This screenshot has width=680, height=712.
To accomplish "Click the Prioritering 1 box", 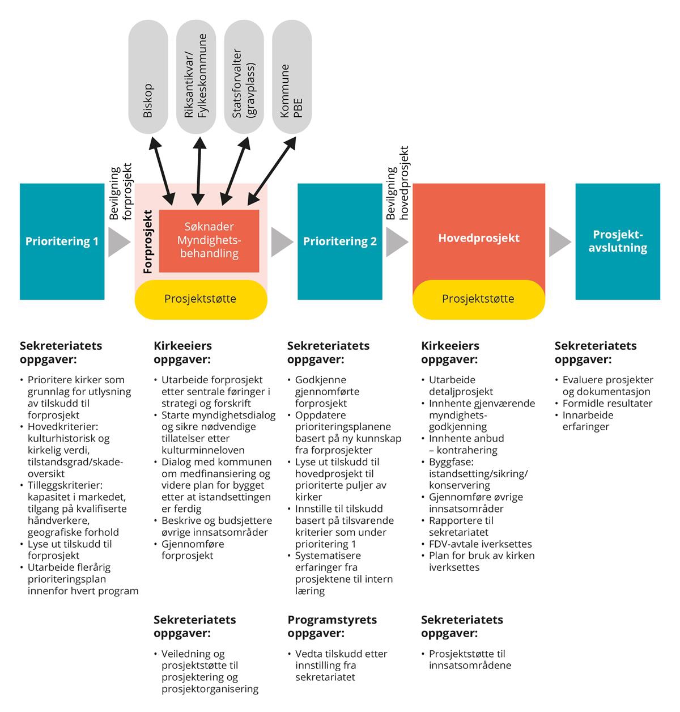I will tap(62, 241).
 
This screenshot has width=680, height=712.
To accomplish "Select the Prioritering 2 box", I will tap(339, 241).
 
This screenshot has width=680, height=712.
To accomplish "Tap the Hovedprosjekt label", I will tap(478, 238).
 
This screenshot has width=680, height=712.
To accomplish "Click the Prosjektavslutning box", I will tap(618, 241).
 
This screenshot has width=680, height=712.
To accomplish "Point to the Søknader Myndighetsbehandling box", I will tap(209, 241).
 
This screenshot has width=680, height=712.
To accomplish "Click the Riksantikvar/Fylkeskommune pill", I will tap(196, 77).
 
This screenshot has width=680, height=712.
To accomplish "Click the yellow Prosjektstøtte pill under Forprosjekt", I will tap(201, 299).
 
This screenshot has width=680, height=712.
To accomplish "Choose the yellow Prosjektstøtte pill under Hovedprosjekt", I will tap(478, 299).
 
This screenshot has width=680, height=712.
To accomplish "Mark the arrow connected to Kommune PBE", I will tap(273, 170).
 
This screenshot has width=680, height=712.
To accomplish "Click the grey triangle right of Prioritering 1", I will tap(119, 241).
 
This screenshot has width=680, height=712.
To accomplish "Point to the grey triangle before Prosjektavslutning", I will tap(560, 241).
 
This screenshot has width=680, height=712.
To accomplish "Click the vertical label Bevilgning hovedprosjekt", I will tap(398, 184).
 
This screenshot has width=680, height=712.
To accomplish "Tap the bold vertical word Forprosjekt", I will tap(148, 243).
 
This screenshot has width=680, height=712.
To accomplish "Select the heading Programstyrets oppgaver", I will tap(332, 626).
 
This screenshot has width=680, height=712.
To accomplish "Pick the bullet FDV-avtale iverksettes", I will tap(481, 544).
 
